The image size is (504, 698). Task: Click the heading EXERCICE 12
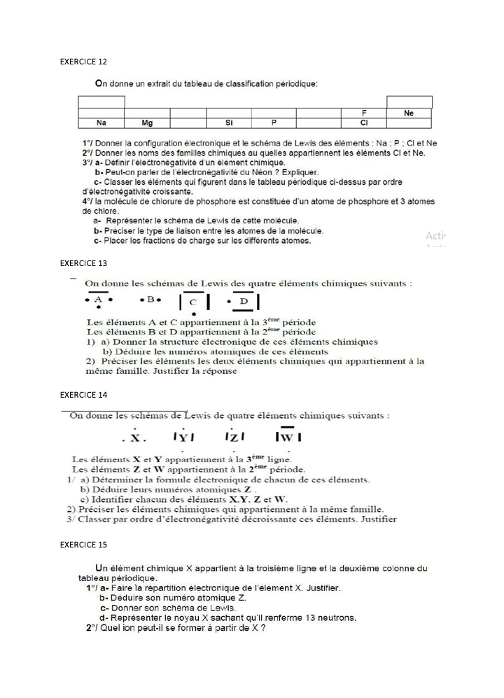(83, 62)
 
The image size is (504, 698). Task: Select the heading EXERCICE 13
(83, 263)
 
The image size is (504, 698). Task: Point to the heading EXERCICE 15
(83, 544)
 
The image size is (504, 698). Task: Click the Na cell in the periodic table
(101, 123)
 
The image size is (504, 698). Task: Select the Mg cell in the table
(147, 123)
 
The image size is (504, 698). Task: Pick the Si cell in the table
(229, 123)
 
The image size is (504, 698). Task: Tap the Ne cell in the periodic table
(409, 113)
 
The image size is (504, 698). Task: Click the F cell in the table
(364, 113)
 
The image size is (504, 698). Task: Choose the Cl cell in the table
(364, 123)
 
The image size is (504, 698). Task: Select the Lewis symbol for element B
(150, 300)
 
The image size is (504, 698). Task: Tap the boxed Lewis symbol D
(244, 301)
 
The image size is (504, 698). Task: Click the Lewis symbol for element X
(135, 438)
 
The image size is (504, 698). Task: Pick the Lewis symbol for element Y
(183, 438)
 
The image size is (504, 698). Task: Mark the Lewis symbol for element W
(288, 437)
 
